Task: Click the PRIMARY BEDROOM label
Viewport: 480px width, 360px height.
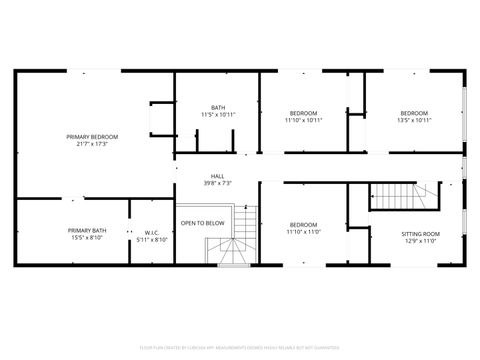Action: pyautogui.click(x=92, y=136)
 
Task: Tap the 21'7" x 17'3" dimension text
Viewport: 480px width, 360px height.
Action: pyautogui.click(x=92, y=144)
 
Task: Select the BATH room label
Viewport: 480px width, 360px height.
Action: pyautogui.click(x=218, y=108)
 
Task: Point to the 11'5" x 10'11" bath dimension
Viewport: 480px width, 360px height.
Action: pyautogui.click(x=218, y=115)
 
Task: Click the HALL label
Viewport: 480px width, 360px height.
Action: pyautogui.click(x=217, y=175)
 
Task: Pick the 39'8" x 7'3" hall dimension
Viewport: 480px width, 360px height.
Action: pyautogui.click(x=217, y=183)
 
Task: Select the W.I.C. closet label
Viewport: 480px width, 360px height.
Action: pyautogui.click(x=151, y=232)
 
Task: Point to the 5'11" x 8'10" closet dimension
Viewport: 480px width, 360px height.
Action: pyautogui.click(x=151, y=240)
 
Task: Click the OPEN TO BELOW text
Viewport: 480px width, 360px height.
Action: pyautogui.click(x=202, y=223)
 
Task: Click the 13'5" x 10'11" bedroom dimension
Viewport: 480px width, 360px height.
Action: pyautogui.click(x=414, y=121)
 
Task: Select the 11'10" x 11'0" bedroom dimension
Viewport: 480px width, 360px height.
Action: pyautogui.click(x=303, y=232)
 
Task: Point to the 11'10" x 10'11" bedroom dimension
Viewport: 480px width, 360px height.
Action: pyautogui.click(x=303, y=121)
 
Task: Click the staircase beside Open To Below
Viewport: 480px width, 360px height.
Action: pyautogui.click(x=238, y=240)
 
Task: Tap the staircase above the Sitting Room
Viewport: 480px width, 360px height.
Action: pyautogui.click(x=402, y=196)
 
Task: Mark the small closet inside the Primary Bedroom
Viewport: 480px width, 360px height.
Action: pyautogui.click(x=160, y=121)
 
